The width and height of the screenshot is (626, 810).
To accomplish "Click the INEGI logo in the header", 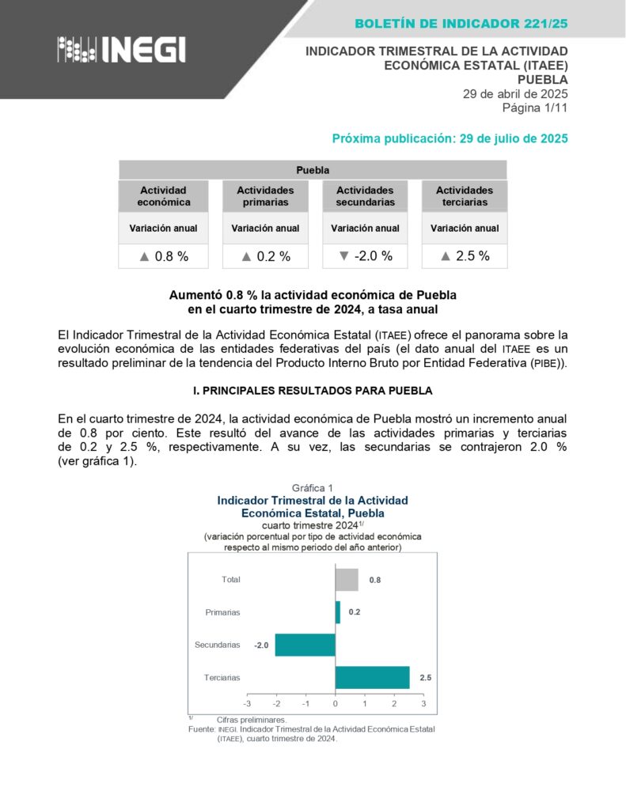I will click(121, 49).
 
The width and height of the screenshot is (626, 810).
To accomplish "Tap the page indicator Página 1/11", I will click(535, 107).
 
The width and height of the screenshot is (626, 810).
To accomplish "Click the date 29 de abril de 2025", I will click(515, 93).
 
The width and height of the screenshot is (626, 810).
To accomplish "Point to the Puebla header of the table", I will click(313, 170).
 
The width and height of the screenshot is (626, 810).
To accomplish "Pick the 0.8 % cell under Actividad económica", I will click(164, 256).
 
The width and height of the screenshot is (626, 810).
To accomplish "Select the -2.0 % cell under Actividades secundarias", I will click(365, 255).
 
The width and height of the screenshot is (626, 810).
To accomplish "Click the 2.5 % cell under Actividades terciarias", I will click(465, 255).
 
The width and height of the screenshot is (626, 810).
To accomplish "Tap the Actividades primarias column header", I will click(265, 196).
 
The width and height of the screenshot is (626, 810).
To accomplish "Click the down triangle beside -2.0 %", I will click(343, 255).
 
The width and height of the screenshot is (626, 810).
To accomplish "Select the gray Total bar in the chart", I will click(347, 580).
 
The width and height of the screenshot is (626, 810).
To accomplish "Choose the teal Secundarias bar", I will click(305, 645).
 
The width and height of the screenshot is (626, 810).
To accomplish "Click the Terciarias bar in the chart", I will click(373, 677).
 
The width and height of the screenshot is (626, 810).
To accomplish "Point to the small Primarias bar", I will click(338, 612).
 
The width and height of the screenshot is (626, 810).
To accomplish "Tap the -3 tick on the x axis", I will click(248, 703).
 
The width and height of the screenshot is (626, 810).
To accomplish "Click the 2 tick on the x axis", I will click(394, 703).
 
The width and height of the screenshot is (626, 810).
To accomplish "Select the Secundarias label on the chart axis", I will click(217, 645).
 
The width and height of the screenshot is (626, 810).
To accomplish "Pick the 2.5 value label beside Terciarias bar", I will click(426, 677).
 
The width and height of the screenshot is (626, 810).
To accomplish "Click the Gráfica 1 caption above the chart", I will click(313, 487).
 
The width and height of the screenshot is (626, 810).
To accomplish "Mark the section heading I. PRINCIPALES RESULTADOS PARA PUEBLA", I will click(313, 392).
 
